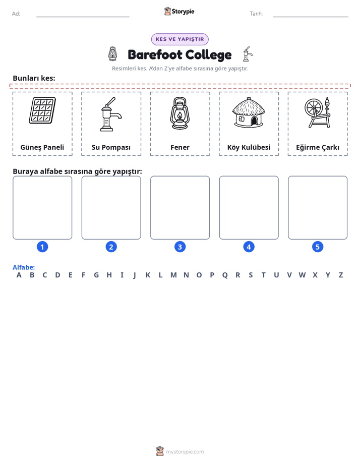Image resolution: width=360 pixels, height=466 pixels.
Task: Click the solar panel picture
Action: (x=42, y=110)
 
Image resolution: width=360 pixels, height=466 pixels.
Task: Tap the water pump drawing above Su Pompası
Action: (x=111, y=114)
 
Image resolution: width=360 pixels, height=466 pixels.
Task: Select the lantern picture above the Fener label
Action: (x=179, y=113)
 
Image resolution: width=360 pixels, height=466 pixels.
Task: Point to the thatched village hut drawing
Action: (x=249, y=112)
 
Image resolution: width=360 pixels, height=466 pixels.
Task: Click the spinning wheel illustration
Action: (x=318, y=112)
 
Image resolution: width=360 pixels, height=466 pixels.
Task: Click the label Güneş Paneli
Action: (x=42, y=147)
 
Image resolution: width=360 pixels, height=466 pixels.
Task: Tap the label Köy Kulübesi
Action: (x=249, y=147)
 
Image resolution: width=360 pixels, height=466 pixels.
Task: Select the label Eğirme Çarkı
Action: (x=318, y=147)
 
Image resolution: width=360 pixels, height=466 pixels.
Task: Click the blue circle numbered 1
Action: (x=42, y=247)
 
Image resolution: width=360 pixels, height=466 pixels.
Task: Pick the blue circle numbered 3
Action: (x=180, y=247)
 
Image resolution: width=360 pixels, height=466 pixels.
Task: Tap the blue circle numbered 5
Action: (x=318, y=247)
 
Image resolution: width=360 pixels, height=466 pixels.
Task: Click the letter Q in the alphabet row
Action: (x=225, y=275)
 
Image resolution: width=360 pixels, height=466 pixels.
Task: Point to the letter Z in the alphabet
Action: (x=341, y=275)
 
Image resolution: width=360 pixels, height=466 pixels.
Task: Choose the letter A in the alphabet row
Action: (x=19, y=275)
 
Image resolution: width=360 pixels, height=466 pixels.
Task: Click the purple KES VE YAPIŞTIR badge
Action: (x=179, y=39)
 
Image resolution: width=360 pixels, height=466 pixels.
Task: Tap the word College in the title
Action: (x=209, y=55)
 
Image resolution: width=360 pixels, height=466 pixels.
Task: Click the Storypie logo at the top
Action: (x=179, y=11)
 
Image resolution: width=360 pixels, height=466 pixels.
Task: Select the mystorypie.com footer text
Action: (x=185, y=452)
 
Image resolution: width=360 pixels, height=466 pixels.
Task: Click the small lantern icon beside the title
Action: (x=112, y=54)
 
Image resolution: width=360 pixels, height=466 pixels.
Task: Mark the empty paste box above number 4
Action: (x=249, y=208)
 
